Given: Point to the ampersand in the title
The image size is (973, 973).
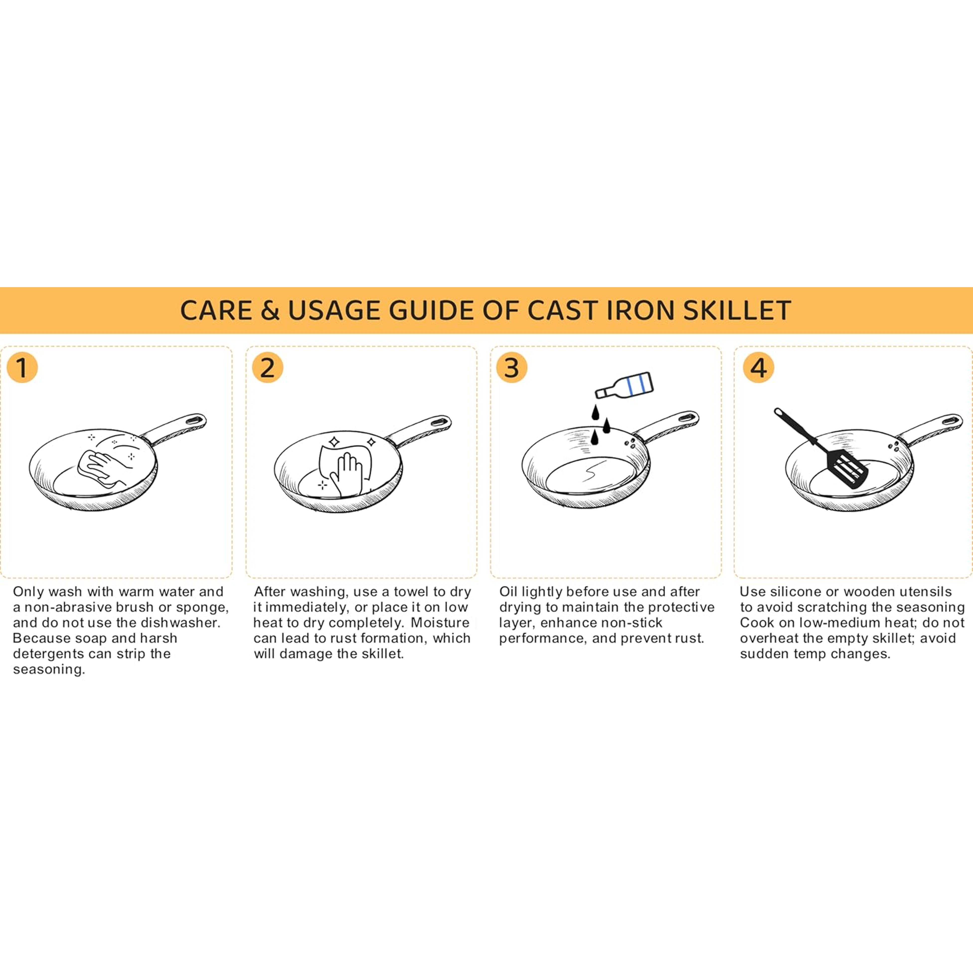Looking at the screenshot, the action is [x=270, y=311].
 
